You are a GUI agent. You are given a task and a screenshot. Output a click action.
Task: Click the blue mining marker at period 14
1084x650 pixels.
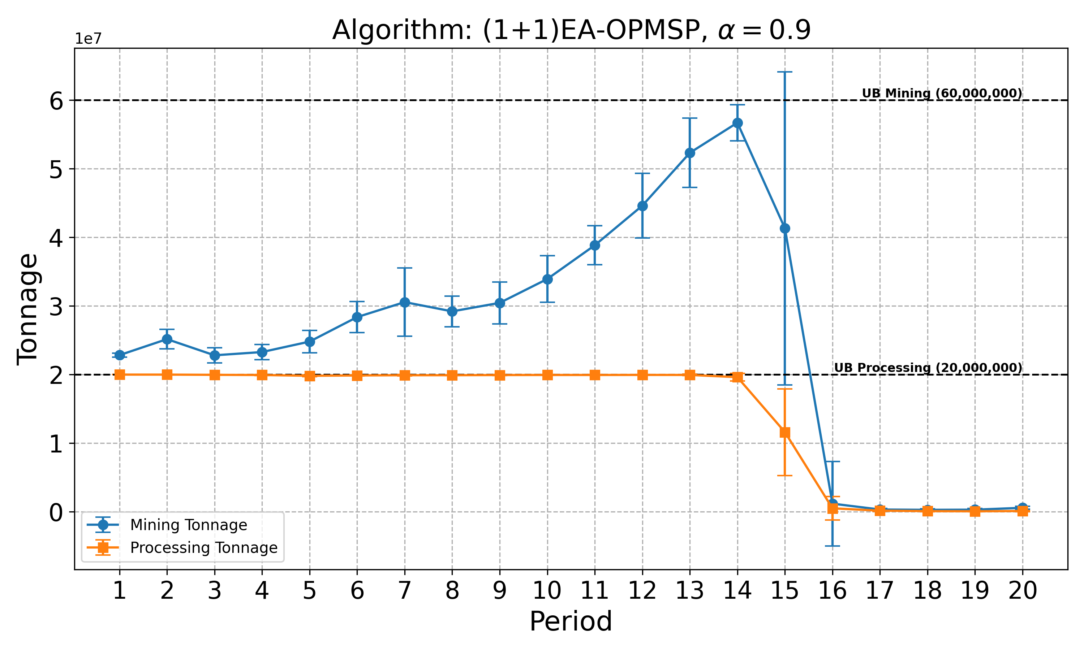pyautogui.click(x=737, y=123)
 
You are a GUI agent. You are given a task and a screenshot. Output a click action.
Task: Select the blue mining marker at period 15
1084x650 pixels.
pyautogui.click(x=785, y=228)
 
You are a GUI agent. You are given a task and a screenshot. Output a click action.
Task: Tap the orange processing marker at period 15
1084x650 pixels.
pyautogui.click(x=785, y=433)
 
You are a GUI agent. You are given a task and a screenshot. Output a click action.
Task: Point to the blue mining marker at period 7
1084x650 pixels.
pyautogui.click(x=404, y=302)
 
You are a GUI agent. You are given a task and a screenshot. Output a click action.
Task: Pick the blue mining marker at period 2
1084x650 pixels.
pyautogui.click(x=167, y=339)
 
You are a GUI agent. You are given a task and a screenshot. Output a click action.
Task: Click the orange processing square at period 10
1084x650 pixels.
pyautogui.click(x=547, y=375)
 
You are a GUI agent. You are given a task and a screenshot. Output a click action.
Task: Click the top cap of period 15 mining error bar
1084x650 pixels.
pyautogui.click(x=785, y=72)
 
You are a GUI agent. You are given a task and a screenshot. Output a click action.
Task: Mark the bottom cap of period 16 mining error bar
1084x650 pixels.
pyautogui.click(x=833, y=546)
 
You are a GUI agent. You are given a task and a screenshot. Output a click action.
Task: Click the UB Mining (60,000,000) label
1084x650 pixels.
pyautogui.click(x=941, y=93)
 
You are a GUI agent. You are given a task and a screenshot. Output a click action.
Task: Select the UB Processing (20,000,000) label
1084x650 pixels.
pyautogui.click(x=927, y=368)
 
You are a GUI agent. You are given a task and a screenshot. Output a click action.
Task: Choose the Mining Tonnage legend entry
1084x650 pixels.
pyautogui.click(x=188, y=525)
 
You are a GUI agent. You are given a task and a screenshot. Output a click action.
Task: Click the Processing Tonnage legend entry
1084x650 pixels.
pyautogui.click(x=203, y=547)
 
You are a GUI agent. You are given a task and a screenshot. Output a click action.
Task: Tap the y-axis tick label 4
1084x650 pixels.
pyautogui.click(x=56, y=238)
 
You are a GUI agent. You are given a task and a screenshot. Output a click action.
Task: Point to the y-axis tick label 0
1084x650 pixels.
pyautogui.click(x=56, y=512)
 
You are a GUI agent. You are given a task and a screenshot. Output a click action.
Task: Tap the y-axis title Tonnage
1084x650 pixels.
pyautogui.click(x=27, y=309)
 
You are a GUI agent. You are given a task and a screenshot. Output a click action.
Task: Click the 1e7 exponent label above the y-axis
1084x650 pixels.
pyautogui.click(x=88, y=39)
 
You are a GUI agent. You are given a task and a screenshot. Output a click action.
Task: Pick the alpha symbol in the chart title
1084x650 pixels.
pyautogui.click(x=726, y=31)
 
